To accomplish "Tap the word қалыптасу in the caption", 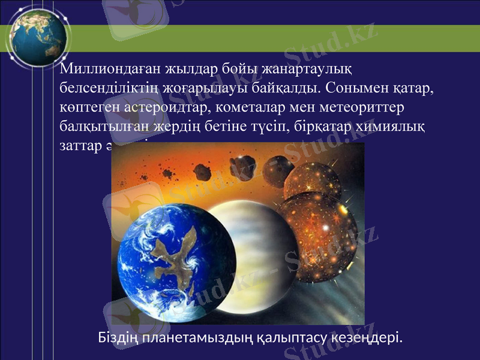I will pyautogui.click(x=289, y=338).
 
